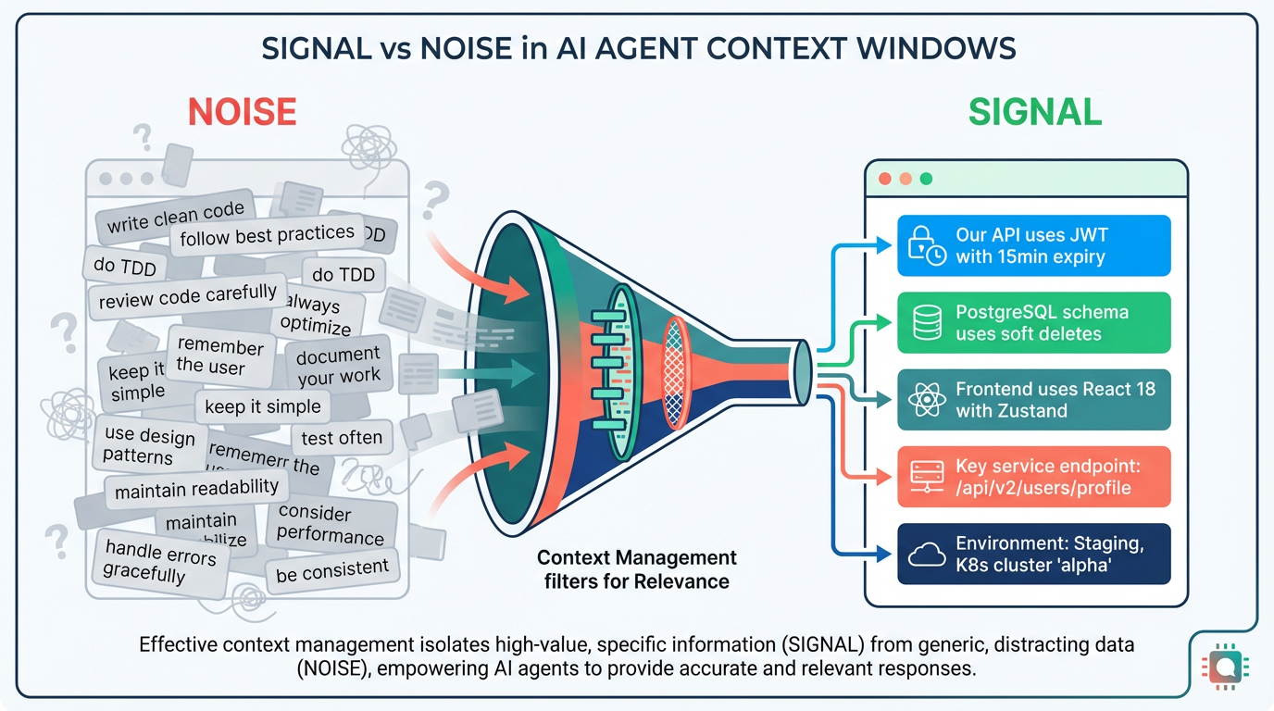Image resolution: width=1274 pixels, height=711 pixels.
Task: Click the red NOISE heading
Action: click(242, 112)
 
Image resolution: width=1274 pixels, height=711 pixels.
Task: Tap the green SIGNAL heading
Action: click(1034, 112)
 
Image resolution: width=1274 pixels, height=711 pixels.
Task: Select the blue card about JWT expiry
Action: click(1033, 246)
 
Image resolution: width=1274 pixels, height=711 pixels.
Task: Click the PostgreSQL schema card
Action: click(1033, 322)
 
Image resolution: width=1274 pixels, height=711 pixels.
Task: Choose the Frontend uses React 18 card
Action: click(1033, 399)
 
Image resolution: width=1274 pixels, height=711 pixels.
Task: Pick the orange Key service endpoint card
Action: click(1033, 476)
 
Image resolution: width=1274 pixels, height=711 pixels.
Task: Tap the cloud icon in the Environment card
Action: click(927, 554)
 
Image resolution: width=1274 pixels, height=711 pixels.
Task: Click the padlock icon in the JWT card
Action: click(926, 246)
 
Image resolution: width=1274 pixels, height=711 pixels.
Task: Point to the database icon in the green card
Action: click(927, 323)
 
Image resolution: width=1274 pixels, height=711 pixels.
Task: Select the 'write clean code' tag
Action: click(175, 217)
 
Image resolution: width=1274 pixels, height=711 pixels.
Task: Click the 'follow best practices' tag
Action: click(267, 235)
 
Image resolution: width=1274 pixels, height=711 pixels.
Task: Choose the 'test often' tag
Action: click(342, 438)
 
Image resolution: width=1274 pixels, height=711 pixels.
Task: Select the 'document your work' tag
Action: click(339, 366)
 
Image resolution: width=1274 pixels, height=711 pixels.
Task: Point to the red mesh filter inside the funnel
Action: click(676, 373)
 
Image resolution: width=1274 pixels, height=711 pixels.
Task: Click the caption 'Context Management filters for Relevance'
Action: click(637, 569)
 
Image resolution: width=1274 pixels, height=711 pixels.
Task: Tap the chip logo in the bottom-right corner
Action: click(1224, 665)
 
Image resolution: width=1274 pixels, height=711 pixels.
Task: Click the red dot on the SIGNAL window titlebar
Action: click(885, 179)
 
